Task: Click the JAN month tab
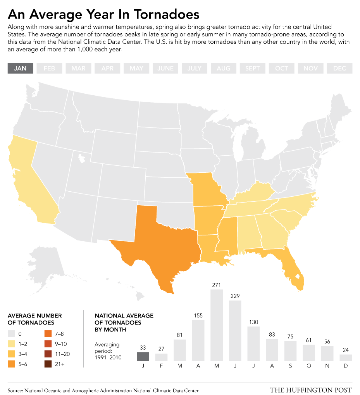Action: pyautogui.click(x=20, y=68)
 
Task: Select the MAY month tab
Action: pyautogui.click(x=136, y=68)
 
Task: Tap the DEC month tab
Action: pyautogui.click(x=339, y=68)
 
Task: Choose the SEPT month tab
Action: pyautogui.click(x=252, y=68)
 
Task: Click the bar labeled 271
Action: pyautogui.click(x=217, y=325)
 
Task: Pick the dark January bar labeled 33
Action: pyautogui.click(x=143, y=356)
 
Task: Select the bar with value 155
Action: pyautogui.click(x=198, y=340)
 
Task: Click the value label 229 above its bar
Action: pyautogui.click(x=235, y=296)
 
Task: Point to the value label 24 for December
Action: pyautogui.click(x=346, y=350)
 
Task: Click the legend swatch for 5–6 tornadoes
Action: pyautogui.click(x=11, y=364)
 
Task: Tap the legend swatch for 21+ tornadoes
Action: pyautogui.click(x=48, y=364)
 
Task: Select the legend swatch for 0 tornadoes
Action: pyautogui.click(x=11, y=334)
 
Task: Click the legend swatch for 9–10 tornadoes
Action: pyautogui.click(x=48, y=344)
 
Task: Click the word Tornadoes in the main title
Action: pyautogui.click(x=167, y=14)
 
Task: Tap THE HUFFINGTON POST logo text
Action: pyautogui.click(x=311, y=390)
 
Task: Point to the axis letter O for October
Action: pyautogui.click(x=309, y=366)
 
